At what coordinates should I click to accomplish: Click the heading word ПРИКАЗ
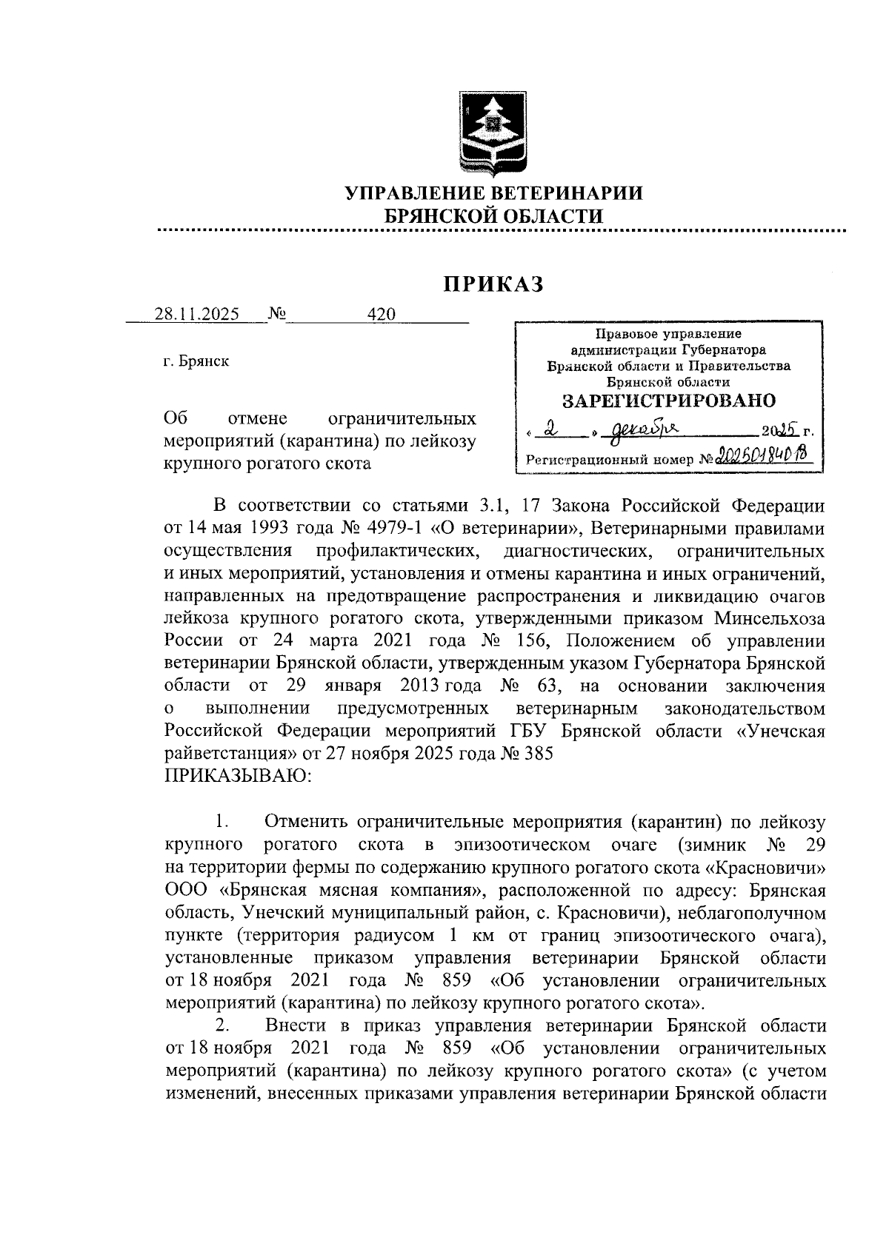click(493, 284)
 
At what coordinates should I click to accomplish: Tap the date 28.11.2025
click(196, 314)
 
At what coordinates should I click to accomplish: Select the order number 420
click(382, 314)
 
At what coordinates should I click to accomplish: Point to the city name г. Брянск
click(196, 361)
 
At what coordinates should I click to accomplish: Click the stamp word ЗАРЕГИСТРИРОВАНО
click(669, 401)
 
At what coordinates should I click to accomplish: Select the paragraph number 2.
click(221, 1026)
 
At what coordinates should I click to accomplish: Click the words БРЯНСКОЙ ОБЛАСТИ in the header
click(493, 216)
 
